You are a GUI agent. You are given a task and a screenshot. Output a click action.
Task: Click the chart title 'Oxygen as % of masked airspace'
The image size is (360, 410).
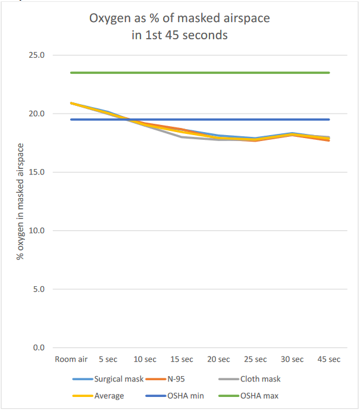180,18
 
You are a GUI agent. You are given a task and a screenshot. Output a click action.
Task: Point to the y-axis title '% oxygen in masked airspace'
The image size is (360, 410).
20,202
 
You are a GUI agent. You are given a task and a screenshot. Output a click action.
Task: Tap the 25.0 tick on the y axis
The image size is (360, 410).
37,55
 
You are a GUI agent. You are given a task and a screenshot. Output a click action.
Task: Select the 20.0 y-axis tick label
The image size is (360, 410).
37,114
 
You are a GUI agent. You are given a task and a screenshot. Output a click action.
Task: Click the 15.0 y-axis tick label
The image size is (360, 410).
37,172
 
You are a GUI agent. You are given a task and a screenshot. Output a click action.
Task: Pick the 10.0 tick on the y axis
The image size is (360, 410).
37,231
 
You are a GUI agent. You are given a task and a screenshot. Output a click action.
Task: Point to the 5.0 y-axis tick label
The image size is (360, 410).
39,289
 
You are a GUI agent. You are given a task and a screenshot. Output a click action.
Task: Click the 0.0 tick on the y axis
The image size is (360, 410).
39,348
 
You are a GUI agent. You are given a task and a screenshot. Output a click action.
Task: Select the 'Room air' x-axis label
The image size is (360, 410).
71,359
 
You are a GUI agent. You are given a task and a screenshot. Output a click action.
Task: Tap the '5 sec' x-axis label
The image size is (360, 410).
108,359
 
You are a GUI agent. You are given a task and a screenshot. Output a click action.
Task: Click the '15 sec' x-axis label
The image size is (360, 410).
181,359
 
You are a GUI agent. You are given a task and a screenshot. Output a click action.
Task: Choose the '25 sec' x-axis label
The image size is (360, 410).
255,359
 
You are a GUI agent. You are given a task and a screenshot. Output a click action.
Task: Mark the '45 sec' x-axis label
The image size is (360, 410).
328,359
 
